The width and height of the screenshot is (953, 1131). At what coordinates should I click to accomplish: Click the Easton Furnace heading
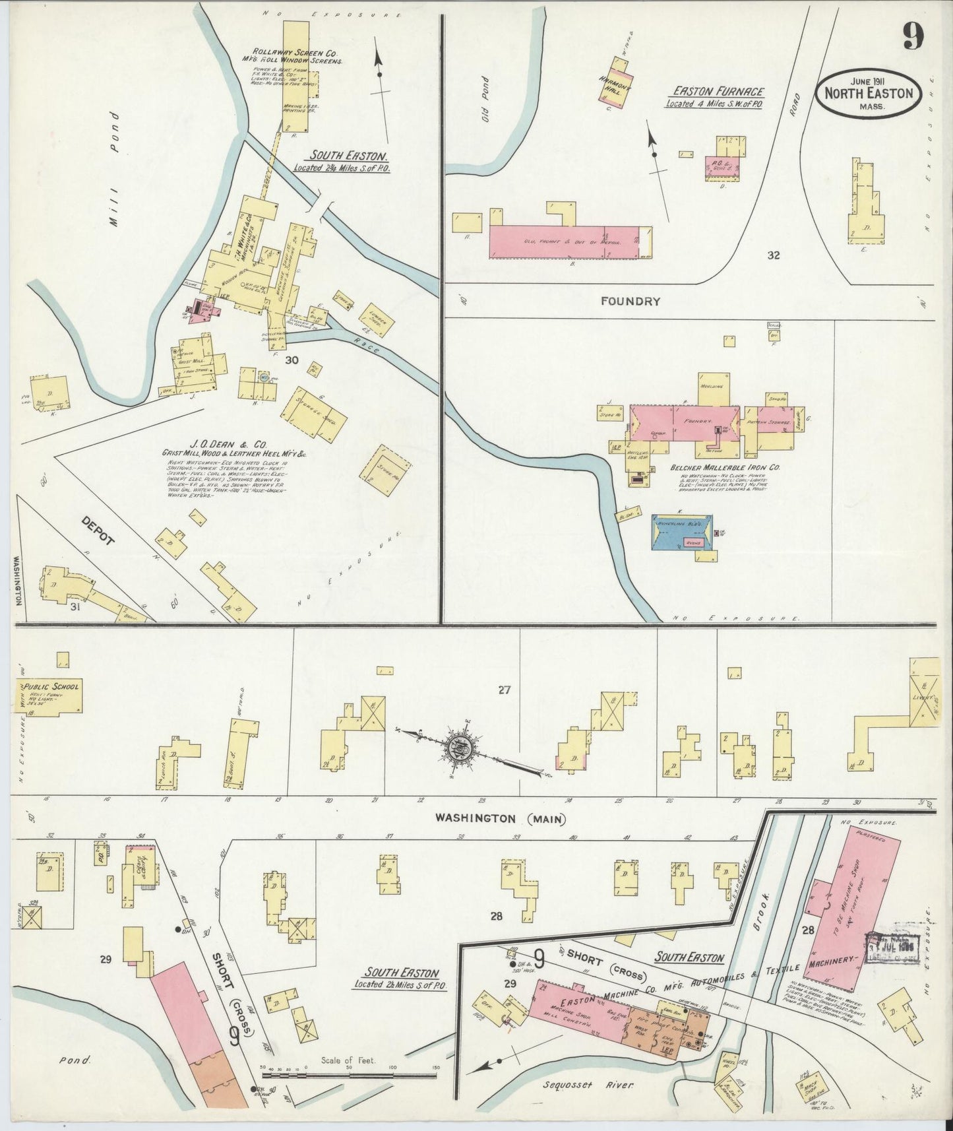click(718, 92)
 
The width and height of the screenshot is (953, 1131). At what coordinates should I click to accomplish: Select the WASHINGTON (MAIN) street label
click(501, 819)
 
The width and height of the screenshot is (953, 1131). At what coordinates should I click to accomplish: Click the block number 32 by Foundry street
click(773, 255)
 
